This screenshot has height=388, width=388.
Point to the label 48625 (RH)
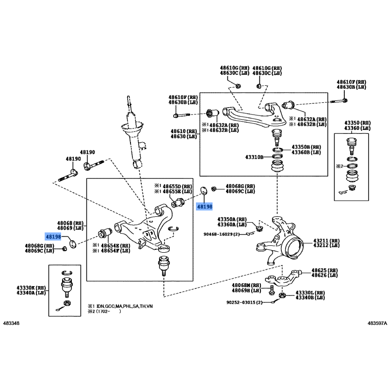tap(326, 270)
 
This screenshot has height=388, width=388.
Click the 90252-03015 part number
tap(243, 302)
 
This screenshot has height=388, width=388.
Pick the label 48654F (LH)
tap(115, 250)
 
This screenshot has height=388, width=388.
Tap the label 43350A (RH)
tap(232, 219)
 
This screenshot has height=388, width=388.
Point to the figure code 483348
tap(12, 323)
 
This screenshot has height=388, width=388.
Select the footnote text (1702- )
tap(107, 312)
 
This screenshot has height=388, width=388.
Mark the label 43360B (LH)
tap(307, 152)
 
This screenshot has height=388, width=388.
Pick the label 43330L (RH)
tap(310, 292)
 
